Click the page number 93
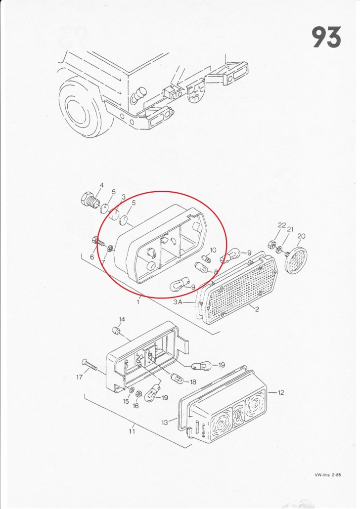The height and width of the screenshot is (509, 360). [x=327, y=37]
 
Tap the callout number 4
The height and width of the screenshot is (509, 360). [x=102, y=185]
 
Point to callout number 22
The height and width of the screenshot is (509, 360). [x=282, y=225]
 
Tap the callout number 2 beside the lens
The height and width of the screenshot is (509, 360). [x=257, y=309]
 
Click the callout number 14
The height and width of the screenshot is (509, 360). [x=122, y=319]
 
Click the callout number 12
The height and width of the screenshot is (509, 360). [x=281, y=392]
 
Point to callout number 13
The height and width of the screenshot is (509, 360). [x=165, y=423]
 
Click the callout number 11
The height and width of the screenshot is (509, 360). [x=132, y=431]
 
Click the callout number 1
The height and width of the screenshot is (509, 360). [x=138, y=302]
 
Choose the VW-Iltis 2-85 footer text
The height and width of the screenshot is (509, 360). [x=328, y=474]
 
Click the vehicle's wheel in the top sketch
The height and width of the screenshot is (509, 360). [x=79, y=107]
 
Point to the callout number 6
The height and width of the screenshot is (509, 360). [x=92, y=257]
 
